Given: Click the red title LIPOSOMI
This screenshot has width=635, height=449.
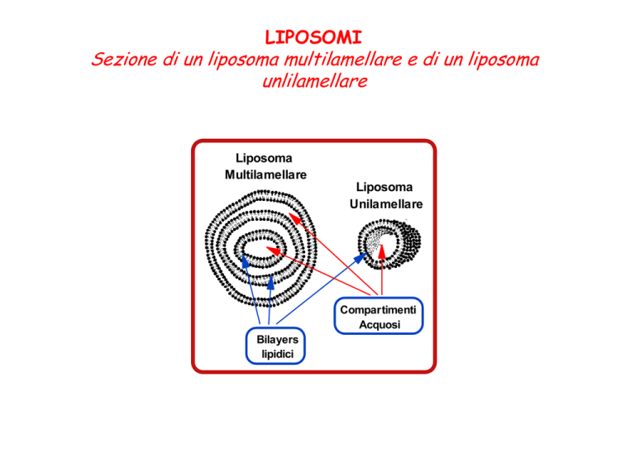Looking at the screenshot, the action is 313,37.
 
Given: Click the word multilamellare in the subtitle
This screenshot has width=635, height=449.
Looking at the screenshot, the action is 343,59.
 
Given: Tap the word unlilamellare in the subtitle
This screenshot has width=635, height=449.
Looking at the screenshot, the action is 315,81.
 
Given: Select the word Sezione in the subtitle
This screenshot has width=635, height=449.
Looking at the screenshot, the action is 124,59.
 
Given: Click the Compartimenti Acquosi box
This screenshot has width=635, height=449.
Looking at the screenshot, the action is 379,316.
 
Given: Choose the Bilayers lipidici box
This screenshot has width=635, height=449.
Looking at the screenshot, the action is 275,346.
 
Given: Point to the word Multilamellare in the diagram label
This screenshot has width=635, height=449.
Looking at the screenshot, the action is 265,175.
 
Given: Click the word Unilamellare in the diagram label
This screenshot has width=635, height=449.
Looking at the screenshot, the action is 386,204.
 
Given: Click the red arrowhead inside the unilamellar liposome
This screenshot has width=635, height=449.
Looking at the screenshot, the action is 381,251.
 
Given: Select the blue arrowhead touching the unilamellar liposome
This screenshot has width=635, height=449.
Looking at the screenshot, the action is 360,257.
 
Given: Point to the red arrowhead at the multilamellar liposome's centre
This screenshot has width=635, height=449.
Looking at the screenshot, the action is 273,251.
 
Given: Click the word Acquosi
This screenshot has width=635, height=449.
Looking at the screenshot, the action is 380,325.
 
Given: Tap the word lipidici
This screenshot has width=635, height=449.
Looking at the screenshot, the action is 278,354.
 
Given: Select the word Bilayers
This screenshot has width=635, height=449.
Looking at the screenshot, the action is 278,340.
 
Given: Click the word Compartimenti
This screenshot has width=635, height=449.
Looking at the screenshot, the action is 378,310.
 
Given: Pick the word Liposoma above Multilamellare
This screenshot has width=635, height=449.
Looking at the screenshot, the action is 264,158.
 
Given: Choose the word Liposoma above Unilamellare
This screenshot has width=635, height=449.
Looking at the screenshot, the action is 384,187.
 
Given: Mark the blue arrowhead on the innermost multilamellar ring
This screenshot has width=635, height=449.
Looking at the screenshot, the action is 245,261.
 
